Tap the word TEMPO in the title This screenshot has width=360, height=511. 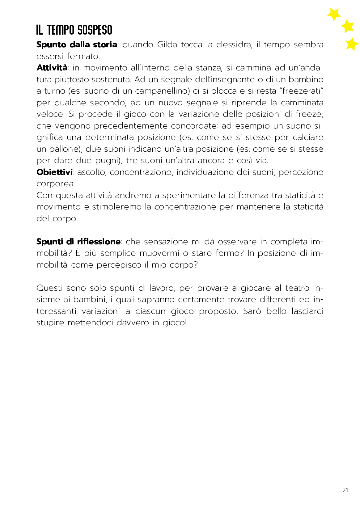[x=61, y=30]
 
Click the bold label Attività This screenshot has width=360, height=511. [x=52, y=68]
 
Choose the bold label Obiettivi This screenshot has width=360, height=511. [x=54, y=172]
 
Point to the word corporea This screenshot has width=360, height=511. [x=56, y=184]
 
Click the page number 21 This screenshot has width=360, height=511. [x=345, y=490]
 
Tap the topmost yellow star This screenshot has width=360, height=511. [x=334, y=14]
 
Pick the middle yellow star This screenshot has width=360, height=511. [x=348, y=26]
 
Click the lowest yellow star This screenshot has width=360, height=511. [x=351, y=44]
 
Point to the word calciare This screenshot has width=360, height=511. [x=308, y=137]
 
